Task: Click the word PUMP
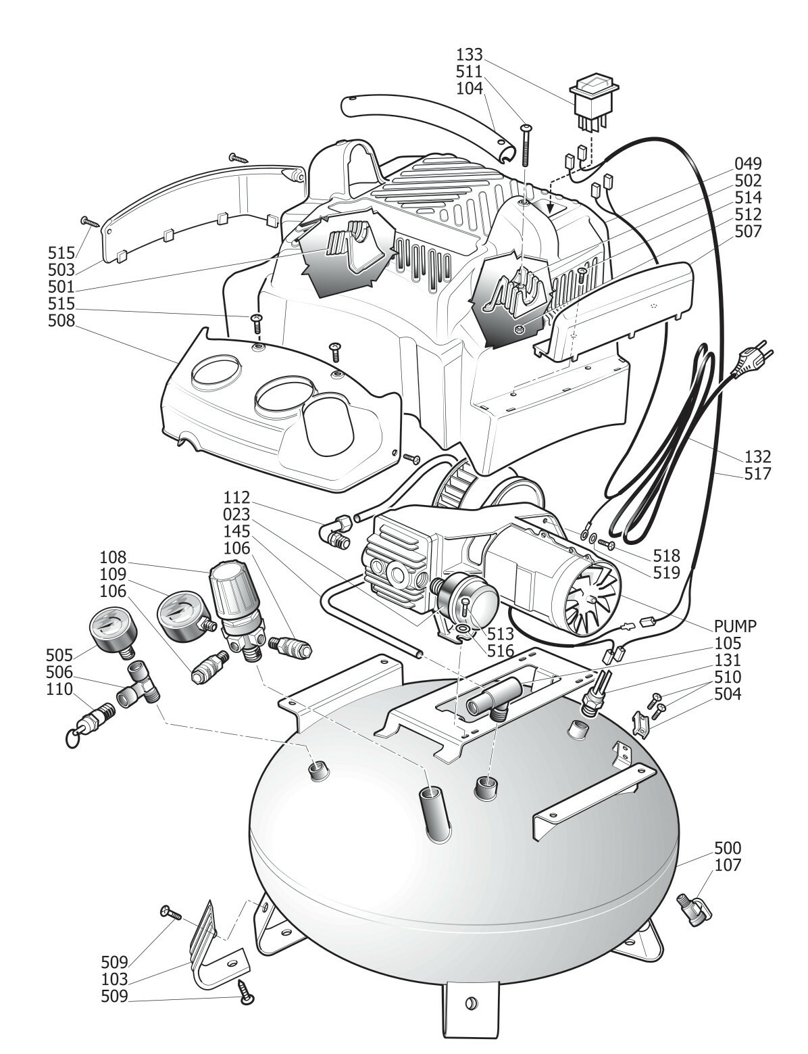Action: tap(735, 626)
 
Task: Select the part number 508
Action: tap(61, 320)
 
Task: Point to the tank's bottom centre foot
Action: tap(471, 1017)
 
